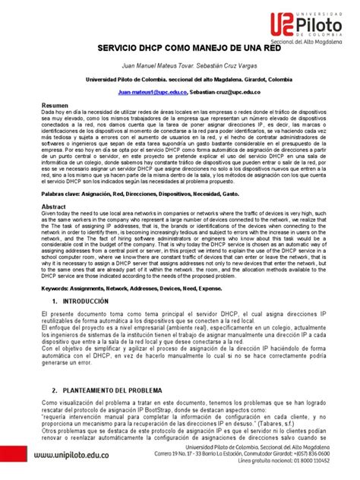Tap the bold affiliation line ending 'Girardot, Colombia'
179,99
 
